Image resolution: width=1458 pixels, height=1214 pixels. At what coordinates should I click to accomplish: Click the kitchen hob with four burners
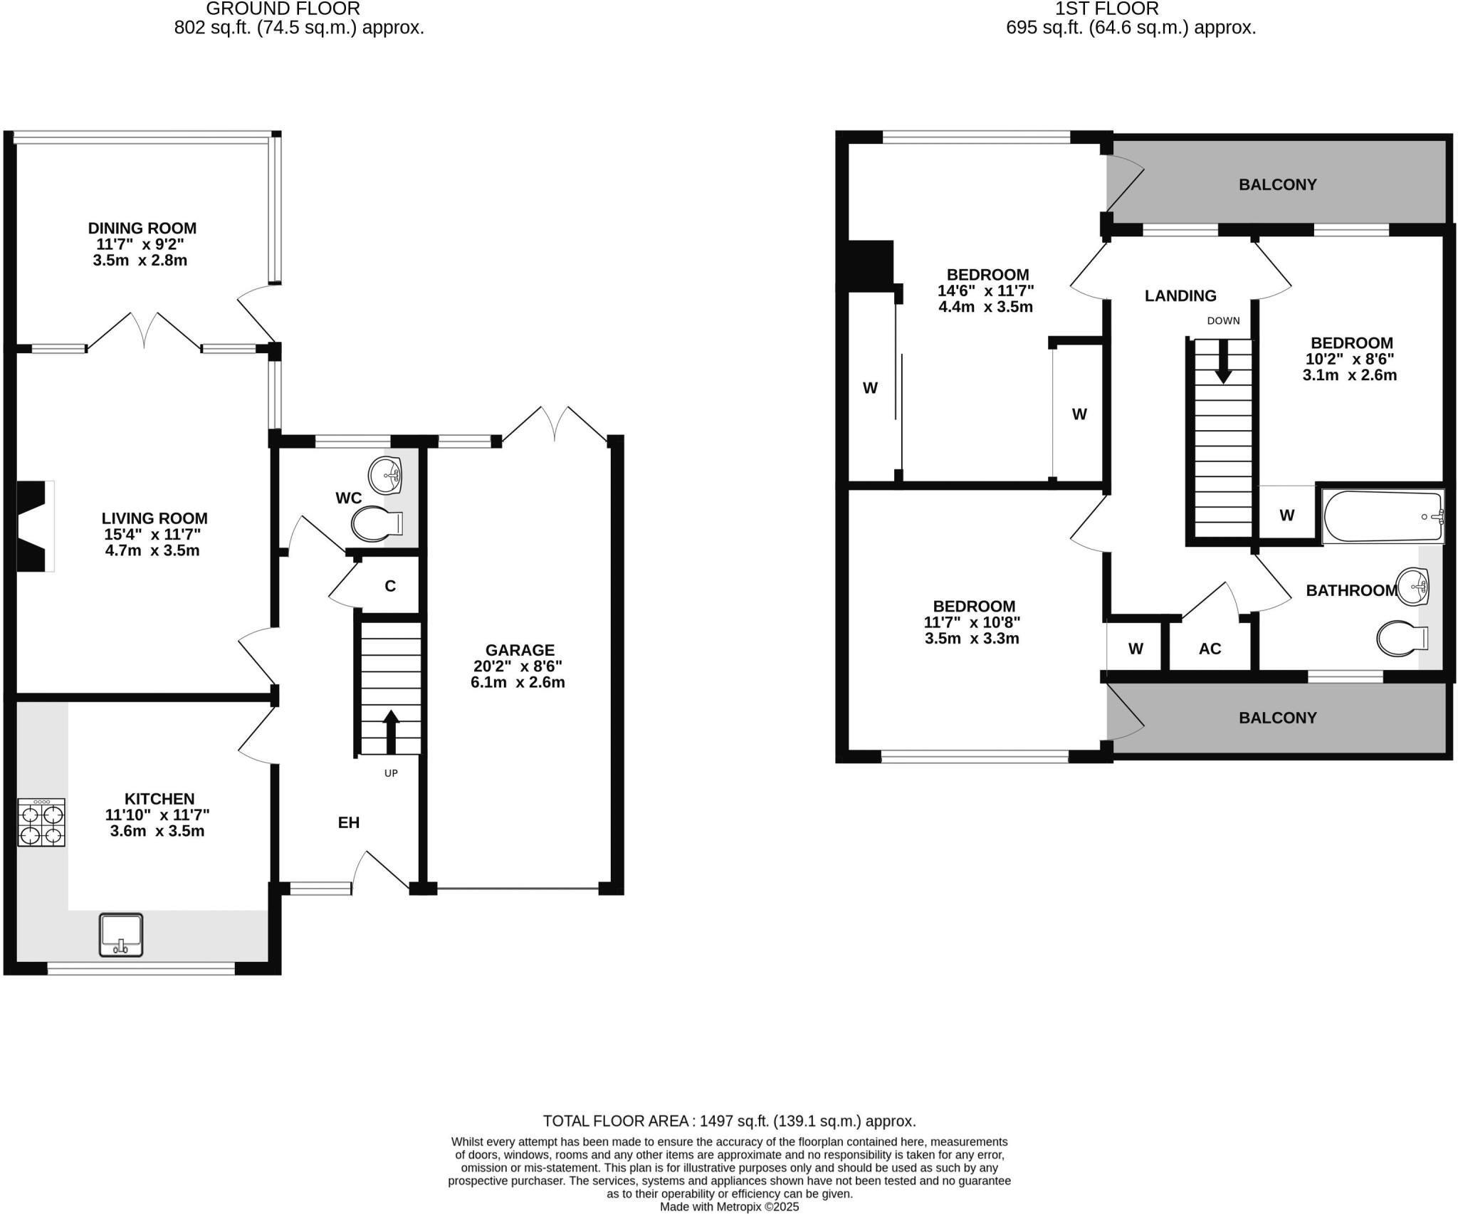41,822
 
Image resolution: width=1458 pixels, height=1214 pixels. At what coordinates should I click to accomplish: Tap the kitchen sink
120,934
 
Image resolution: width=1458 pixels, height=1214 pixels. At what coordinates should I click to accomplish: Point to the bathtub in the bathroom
1382,517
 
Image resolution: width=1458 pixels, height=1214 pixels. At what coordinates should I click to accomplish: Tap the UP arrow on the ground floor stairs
391,731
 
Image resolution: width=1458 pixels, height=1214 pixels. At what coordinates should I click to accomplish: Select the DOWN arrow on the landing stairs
1223,361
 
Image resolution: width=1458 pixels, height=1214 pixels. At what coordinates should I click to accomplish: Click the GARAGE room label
520,650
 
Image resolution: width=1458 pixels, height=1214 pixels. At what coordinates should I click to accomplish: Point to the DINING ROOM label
142,229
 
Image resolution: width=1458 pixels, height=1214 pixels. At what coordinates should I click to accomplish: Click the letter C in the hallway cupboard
390,586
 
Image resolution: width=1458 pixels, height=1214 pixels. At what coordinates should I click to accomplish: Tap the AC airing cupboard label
1210,649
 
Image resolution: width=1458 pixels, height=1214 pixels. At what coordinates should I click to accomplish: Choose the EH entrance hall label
348,823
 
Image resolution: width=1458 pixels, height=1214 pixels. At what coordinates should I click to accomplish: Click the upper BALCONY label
1277,185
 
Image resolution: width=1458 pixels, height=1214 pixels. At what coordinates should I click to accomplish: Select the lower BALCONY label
1277,718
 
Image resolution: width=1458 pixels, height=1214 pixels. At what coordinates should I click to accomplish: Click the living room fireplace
33,525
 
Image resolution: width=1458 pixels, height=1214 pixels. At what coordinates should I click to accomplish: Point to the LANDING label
1180,295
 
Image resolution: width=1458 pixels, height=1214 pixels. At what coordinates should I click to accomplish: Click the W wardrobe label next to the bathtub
1286,515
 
